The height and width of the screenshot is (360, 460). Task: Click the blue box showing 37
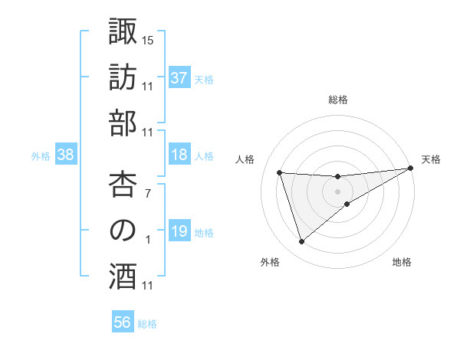pyautogui.click(x=179, y=77)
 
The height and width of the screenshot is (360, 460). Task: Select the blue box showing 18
pyautogui.click(x=179, y=155)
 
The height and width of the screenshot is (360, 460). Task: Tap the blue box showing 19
pyautogui.click(x=179, y=231)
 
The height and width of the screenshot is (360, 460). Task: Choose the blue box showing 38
pyautogui.click(x=65, y=155)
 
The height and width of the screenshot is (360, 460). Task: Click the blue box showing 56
pyautogui.click(x=123, y=322)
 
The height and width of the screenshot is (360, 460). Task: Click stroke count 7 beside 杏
pyautogui.click(x=148, y=193)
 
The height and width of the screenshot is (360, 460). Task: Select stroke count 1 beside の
pyautogui.click(x=148, y=239)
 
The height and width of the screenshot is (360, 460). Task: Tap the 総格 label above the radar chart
pyautogui.click(x=338, y=100)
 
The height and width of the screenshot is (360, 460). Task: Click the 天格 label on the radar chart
pyautogui.click(x=431, y=159)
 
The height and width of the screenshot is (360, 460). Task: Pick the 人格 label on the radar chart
pyautogui.click(x=245, y=159)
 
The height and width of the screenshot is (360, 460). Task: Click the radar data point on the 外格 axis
pyautogui.click(x=301, y=242)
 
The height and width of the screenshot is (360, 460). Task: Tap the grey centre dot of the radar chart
pyautogui.click(x=337, y=191)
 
